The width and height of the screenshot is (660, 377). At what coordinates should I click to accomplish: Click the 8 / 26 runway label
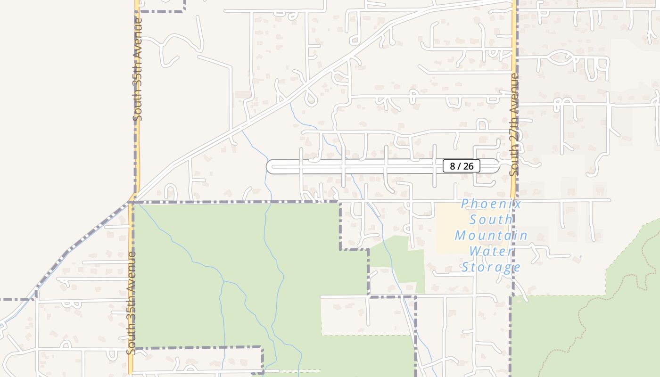[x=461, y=166]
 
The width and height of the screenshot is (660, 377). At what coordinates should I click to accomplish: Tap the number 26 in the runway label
[x=468, y=166]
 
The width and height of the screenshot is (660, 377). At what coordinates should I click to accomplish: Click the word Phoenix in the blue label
[x=491, y=204]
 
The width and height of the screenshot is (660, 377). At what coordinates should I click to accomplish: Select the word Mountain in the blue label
[x=491, y=236]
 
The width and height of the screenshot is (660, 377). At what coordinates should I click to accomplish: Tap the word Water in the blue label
[x=491, y=251]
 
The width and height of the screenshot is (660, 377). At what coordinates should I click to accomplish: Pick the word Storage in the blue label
[x=491, y=268]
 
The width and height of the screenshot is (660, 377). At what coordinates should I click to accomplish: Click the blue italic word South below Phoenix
[x=491, y=220]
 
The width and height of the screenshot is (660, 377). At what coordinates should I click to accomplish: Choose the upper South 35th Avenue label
[x=138, y=69]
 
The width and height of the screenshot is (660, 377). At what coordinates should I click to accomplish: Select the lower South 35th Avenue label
[x=132, y=303]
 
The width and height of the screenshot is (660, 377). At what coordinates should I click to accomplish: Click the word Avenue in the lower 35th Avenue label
[x=132, y=268]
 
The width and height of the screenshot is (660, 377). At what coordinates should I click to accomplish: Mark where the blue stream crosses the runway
[x=350, y=166]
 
